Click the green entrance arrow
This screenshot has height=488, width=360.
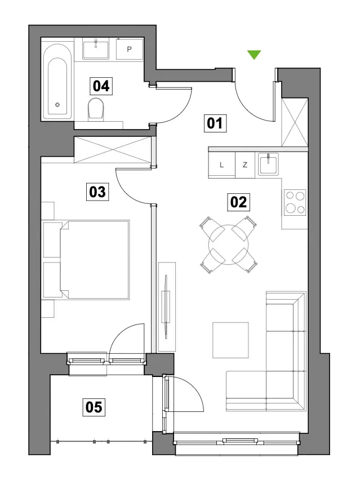point(254,54)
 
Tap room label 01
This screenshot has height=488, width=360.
point(215,123)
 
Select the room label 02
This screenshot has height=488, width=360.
point(238,202)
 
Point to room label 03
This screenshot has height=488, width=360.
point(97,192)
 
